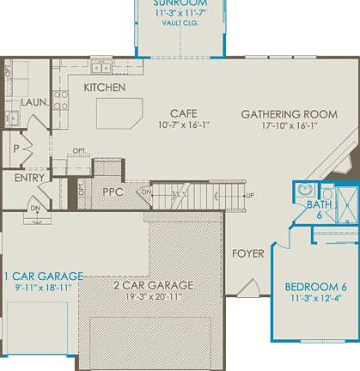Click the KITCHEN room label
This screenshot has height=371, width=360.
point(105,88)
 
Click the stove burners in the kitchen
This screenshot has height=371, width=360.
point(61,97)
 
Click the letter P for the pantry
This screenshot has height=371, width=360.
point(15,149)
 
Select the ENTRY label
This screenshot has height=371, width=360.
point(30,178)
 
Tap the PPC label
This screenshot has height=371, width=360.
point(113,192)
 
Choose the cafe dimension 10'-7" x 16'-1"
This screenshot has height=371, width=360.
point(183,125)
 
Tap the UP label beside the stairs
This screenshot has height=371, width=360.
point(250,219)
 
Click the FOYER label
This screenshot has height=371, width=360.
point(247,254)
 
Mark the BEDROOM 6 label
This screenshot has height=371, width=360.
point(316,286)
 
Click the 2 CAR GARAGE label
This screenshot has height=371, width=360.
point(153,285)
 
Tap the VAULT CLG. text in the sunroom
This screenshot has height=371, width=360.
point(180,23)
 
